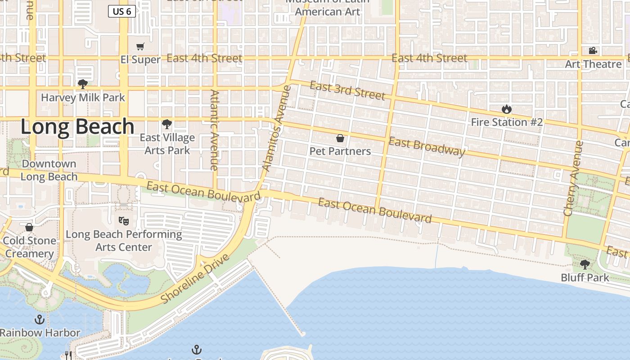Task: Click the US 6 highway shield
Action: coord(122,11)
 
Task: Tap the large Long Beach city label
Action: coord(77,127)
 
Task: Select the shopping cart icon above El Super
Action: coord(140,47)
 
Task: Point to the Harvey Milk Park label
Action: coord(83,97)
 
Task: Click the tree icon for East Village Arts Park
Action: coord(167,124)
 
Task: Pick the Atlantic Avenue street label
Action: coord(214,130)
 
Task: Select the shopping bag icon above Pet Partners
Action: coord(340,138)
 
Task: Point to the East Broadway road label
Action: coord(427,147)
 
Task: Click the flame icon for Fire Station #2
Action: coord(507,109)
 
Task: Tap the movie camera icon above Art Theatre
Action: coord(593,51)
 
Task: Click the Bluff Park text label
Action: coord(585,278)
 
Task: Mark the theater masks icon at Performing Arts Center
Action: coord(123,220)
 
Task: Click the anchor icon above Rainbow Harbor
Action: coord(40,319)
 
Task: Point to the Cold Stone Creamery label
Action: coord(30,247)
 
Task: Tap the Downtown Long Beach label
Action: coord(49,170)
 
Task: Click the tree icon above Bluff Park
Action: coord(585,264)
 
